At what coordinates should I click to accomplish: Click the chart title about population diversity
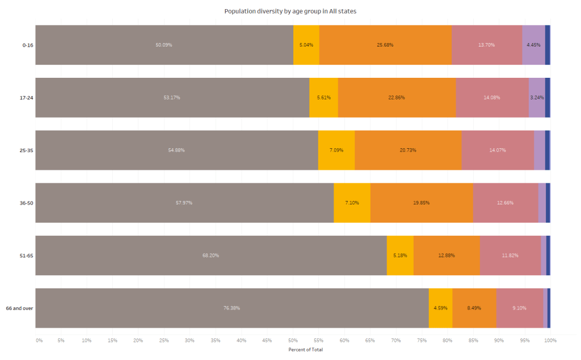pyautogui.click(x=290, y=11)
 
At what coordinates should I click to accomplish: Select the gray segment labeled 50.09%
pyautogui.click(x=164, y=45)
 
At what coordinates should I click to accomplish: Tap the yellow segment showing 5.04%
pyautogui.click(x=306, y=45)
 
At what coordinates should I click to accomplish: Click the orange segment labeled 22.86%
pyautogui.click(x=397, y=98)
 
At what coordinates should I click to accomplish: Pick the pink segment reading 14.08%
pyautogui.click(x=492, y=98)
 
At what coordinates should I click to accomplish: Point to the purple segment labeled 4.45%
pyautogui.click(x=533, y=45)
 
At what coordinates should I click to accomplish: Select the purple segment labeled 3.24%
pyautogui.click(x=537, y=98)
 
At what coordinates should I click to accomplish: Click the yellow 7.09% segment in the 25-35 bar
pyautogui.click(x=336, y=150)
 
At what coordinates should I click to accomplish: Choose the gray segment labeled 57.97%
pyautogui.click(x=184, y=203)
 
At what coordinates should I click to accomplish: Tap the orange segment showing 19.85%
pyautogui.click(x=421, y=203)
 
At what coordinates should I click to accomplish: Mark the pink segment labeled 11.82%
pyautogui.click(x=510, y=256)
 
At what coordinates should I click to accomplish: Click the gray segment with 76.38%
pyautogui.click(x=231, y=308)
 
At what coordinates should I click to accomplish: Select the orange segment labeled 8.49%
pyautogui.click(x=474, y=308)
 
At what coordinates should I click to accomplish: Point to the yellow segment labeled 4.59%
pyautogui.click(x=440, y=308)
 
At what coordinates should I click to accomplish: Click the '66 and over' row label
pyautogui.click(x=19, y=308)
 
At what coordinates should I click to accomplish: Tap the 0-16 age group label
pyautogui.click(x=27, y=45)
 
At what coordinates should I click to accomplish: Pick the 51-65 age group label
pyautogui.click(x=26, y=256)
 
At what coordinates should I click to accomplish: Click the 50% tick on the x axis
pyautogui.click(x=293, y=340)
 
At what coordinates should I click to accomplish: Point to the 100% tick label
pyautogui.click(x=550, y=340)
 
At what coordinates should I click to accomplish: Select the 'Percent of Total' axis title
pyautogui.click(x=305, y=350)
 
